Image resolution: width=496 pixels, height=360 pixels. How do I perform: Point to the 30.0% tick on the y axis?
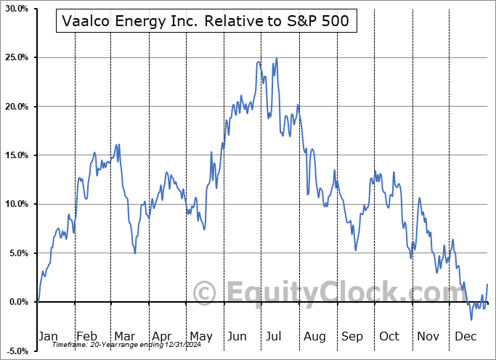(16, 9)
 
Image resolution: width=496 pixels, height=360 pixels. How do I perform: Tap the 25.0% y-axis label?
(16, 57)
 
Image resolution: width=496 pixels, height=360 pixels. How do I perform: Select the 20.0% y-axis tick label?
(16, 107)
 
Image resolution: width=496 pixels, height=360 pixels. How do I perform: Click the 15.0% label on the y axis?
(16, 155)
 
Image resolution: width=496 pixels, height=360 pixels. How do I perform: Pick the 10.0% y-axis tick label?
(16, 204)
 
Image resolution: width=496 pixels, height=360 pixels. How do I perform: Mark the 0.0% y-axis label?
(17, 302)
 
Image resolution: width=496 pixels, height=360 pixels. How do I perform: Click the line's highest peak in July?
(276, 58)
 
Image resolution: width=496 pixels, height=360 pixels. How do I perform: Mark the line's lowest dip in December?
(471, 319)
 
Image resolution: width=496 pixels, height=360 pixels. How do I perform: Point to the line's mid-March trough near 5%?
(135, 253)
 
